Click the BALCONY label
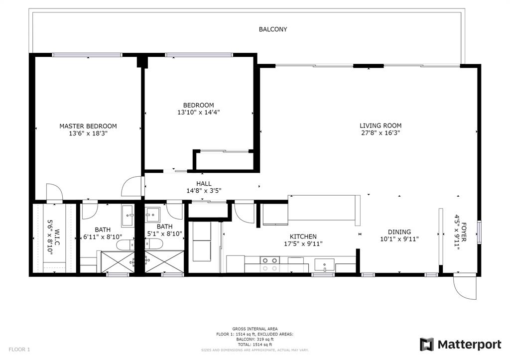click(272, 29)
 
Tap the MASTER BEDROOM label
click(88, 126)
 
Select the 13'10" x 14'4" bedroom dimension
click(198, 113)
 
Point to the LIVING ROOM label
click(381, 125)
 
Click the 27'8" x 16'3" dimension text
click(381, 133)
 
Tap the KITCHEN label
click(303, 237)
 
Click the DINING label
click(399, 232)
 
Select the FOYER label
click(464, 232)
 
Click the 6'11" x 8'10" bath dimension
click(103, 237)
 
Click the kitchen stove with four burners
click(269, 264)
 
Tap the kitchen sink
click(327, 264)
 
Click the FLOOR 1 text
click(19, 350)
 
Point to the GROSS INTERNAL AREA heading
click(255, 329)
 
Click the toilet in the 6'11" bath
click(125, 244)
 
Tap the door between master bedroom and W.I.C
click(54, 193)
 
